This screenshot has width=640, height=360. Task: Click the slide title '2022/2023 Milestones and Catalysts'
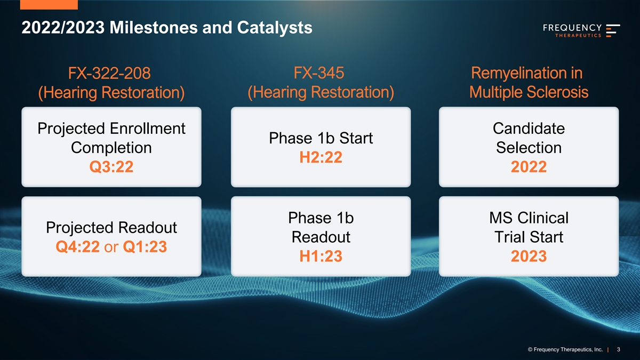(x=167, y=28)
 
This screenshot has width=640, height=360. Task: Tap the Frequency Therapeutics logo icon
(x=613, y=30)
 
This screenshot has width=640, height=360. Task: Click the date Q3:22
(x=111, y=166)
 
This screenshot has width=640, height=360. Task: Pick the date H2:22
(x=321, y=157)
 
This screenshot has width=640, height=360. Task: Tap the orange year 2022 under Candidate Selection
(x=529, y=166)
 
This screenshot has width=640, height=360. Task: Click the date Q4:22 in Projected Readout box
(x=78, y=246)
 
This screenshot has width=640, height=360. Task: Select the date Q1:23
(x=145, y=246)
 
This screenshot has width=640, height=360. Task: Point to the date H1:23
(x=321, y=256)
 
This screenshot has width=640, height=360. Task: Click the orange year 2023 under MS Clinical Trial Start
(x=529, y=256)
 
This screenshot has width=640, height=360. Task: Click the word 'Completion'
(x=111, y=148)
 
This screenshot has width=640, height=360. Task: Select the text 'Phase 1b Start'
(x=321, y=138)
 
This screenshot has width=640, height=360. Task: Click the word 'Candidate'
(x=529, y=129)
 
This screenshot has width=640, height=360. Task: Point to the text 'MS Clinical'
(x=529, y=218)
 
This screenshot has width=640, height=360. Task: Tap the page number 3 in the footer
(x=619, y=349)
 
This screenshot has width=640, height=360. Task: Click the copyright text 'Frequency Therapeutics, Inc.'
(x=568, y=349)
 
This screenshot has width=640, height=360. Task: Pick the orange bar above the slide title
(x=49, y=5)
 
